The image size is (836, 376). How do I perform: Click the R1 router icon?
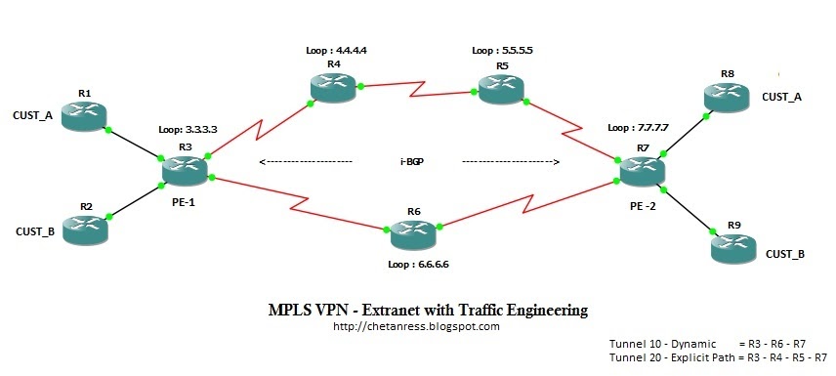click(x=84, y=116)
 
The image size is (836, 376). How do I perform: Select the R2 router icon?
click(x=85, y=229)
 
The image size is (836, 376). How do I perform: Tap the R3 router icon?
click(x=185, y=171)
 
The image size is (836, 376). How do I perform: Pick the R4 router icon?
click(x=333, y=86)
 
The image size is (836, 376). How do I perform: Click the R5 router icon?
click(x=501, y=89)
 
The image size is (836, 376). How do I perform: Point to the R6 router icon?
click(x=413, y=234)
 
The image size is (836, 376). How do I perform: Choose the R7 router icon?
click(x=643, y=171)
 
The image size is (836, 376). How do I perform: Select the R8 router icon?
click(x=727, y=97)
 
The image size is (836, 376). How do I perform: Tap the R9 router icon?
click(x=733, y=248)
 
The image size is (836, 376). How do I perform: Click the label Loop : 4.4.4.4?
click(x=337, y=51)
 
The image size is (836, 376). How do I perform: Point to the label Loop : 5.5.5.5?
click(x=503, y=51)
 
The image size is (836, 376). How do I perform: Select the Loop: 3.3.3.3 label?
click(x=188, y=130)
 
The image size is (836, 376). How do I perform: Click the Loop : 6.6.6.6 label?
click(x=416, y=264)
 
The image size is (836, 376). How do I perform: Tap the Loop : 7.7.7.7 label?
click(x=638, y=128)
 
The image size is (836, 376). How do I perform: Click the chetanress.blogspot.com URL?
click(x=416, y=326)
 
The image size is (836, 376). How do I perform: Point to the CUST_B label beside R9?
click(x=785, y=254)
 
